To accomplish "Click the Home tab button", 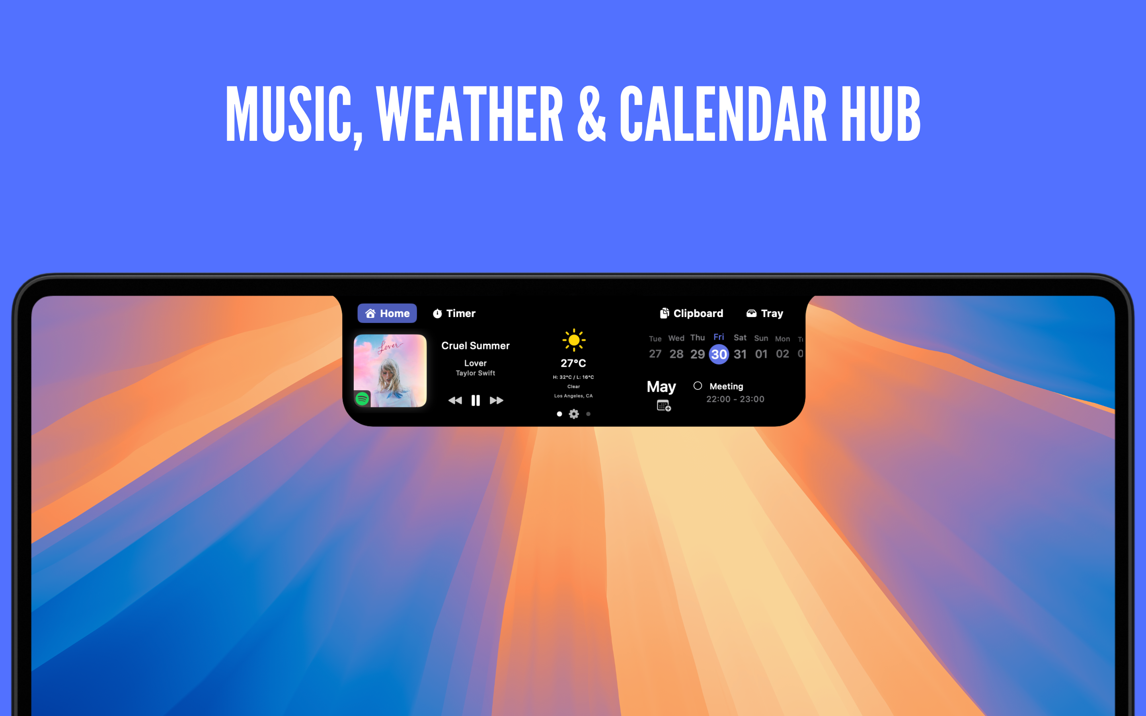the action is tap(387, 313).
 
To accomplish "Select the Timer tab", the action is tap(454, 313).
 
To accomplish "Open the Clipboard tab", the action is tap(692, 313).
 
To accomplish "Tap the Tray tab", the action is tap(765, 313).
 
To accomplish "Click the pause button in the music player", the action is tap(476, 401).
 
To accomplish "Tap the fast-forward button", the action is tap(496, 401).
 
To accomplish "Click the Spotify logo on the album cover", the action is tap(362, 399).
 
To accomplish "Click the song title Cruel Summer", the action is tap(476, 346).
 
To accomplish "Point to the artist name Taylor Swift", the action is tap(476, 373).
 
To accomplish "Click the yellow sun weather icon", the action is tap(574, 340).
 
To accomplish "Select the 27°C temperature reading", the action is tap(573, 363).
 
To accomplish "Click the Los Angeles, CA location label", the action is tap(573, 396).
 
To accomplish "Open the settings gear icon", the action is tap(574, 414).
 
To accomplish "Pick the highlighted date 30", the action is tap(719, 354).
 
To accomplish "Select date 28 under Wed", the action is tap(676, 354).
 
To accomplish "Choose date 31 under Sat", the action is tap(740, 354).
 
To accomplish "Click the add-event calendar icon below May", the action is tap(664, 405).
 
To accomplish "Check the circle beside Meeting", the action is tap(698, 386).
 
